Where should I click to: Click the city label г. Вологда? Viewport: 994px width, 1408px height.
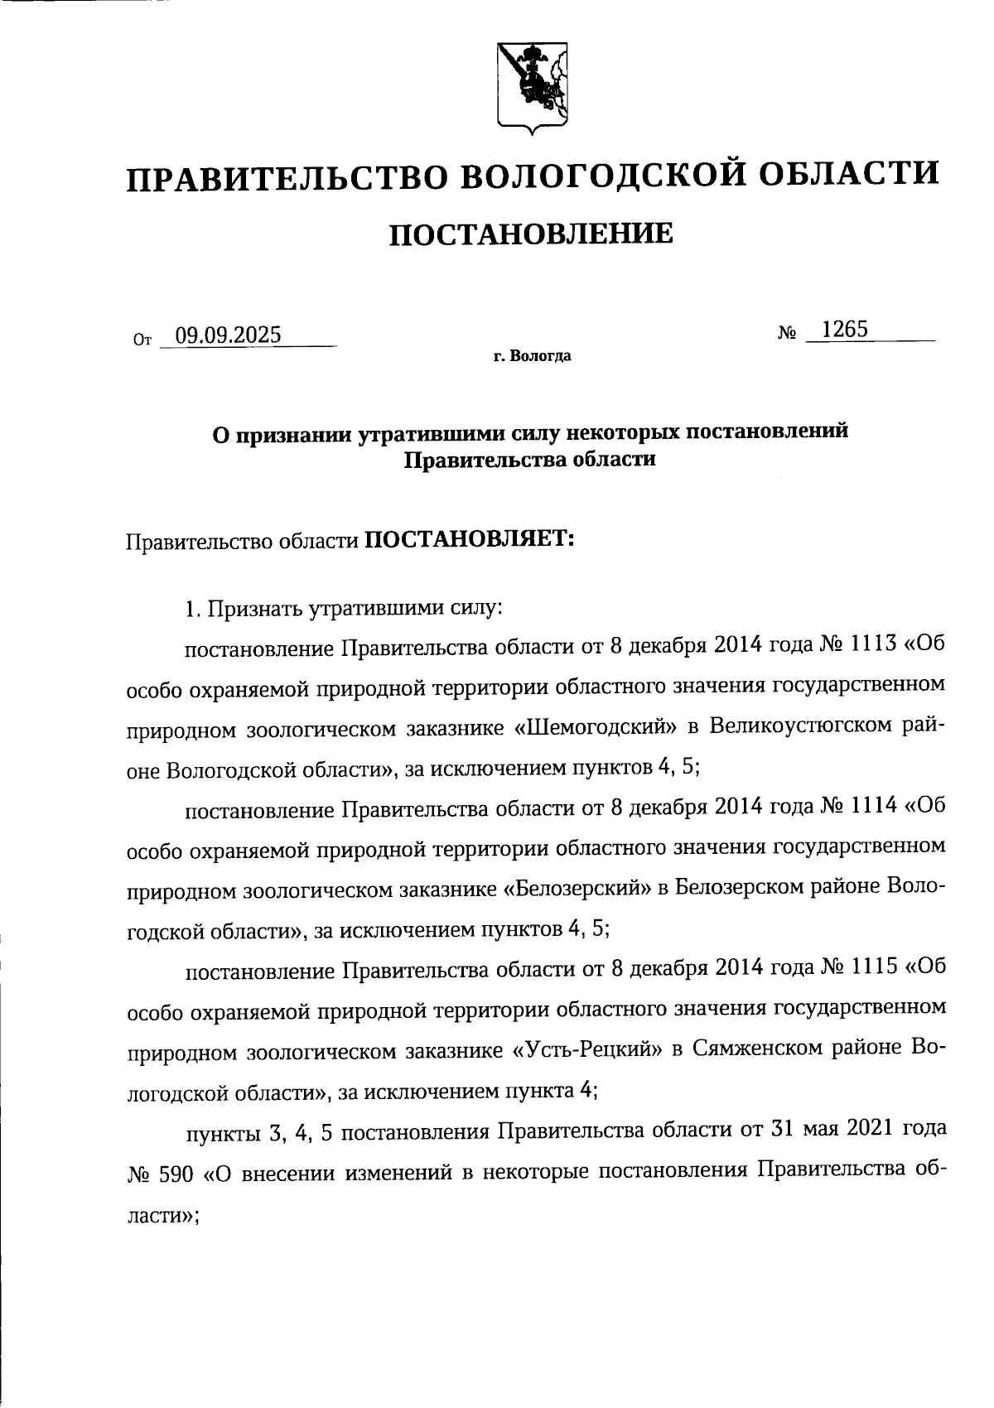pos(531,358)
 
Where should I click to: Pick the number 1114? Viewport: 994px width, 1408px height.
pos(871,807)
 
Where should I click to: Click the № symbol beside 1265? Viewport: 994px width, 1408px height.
pos(787,333)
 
